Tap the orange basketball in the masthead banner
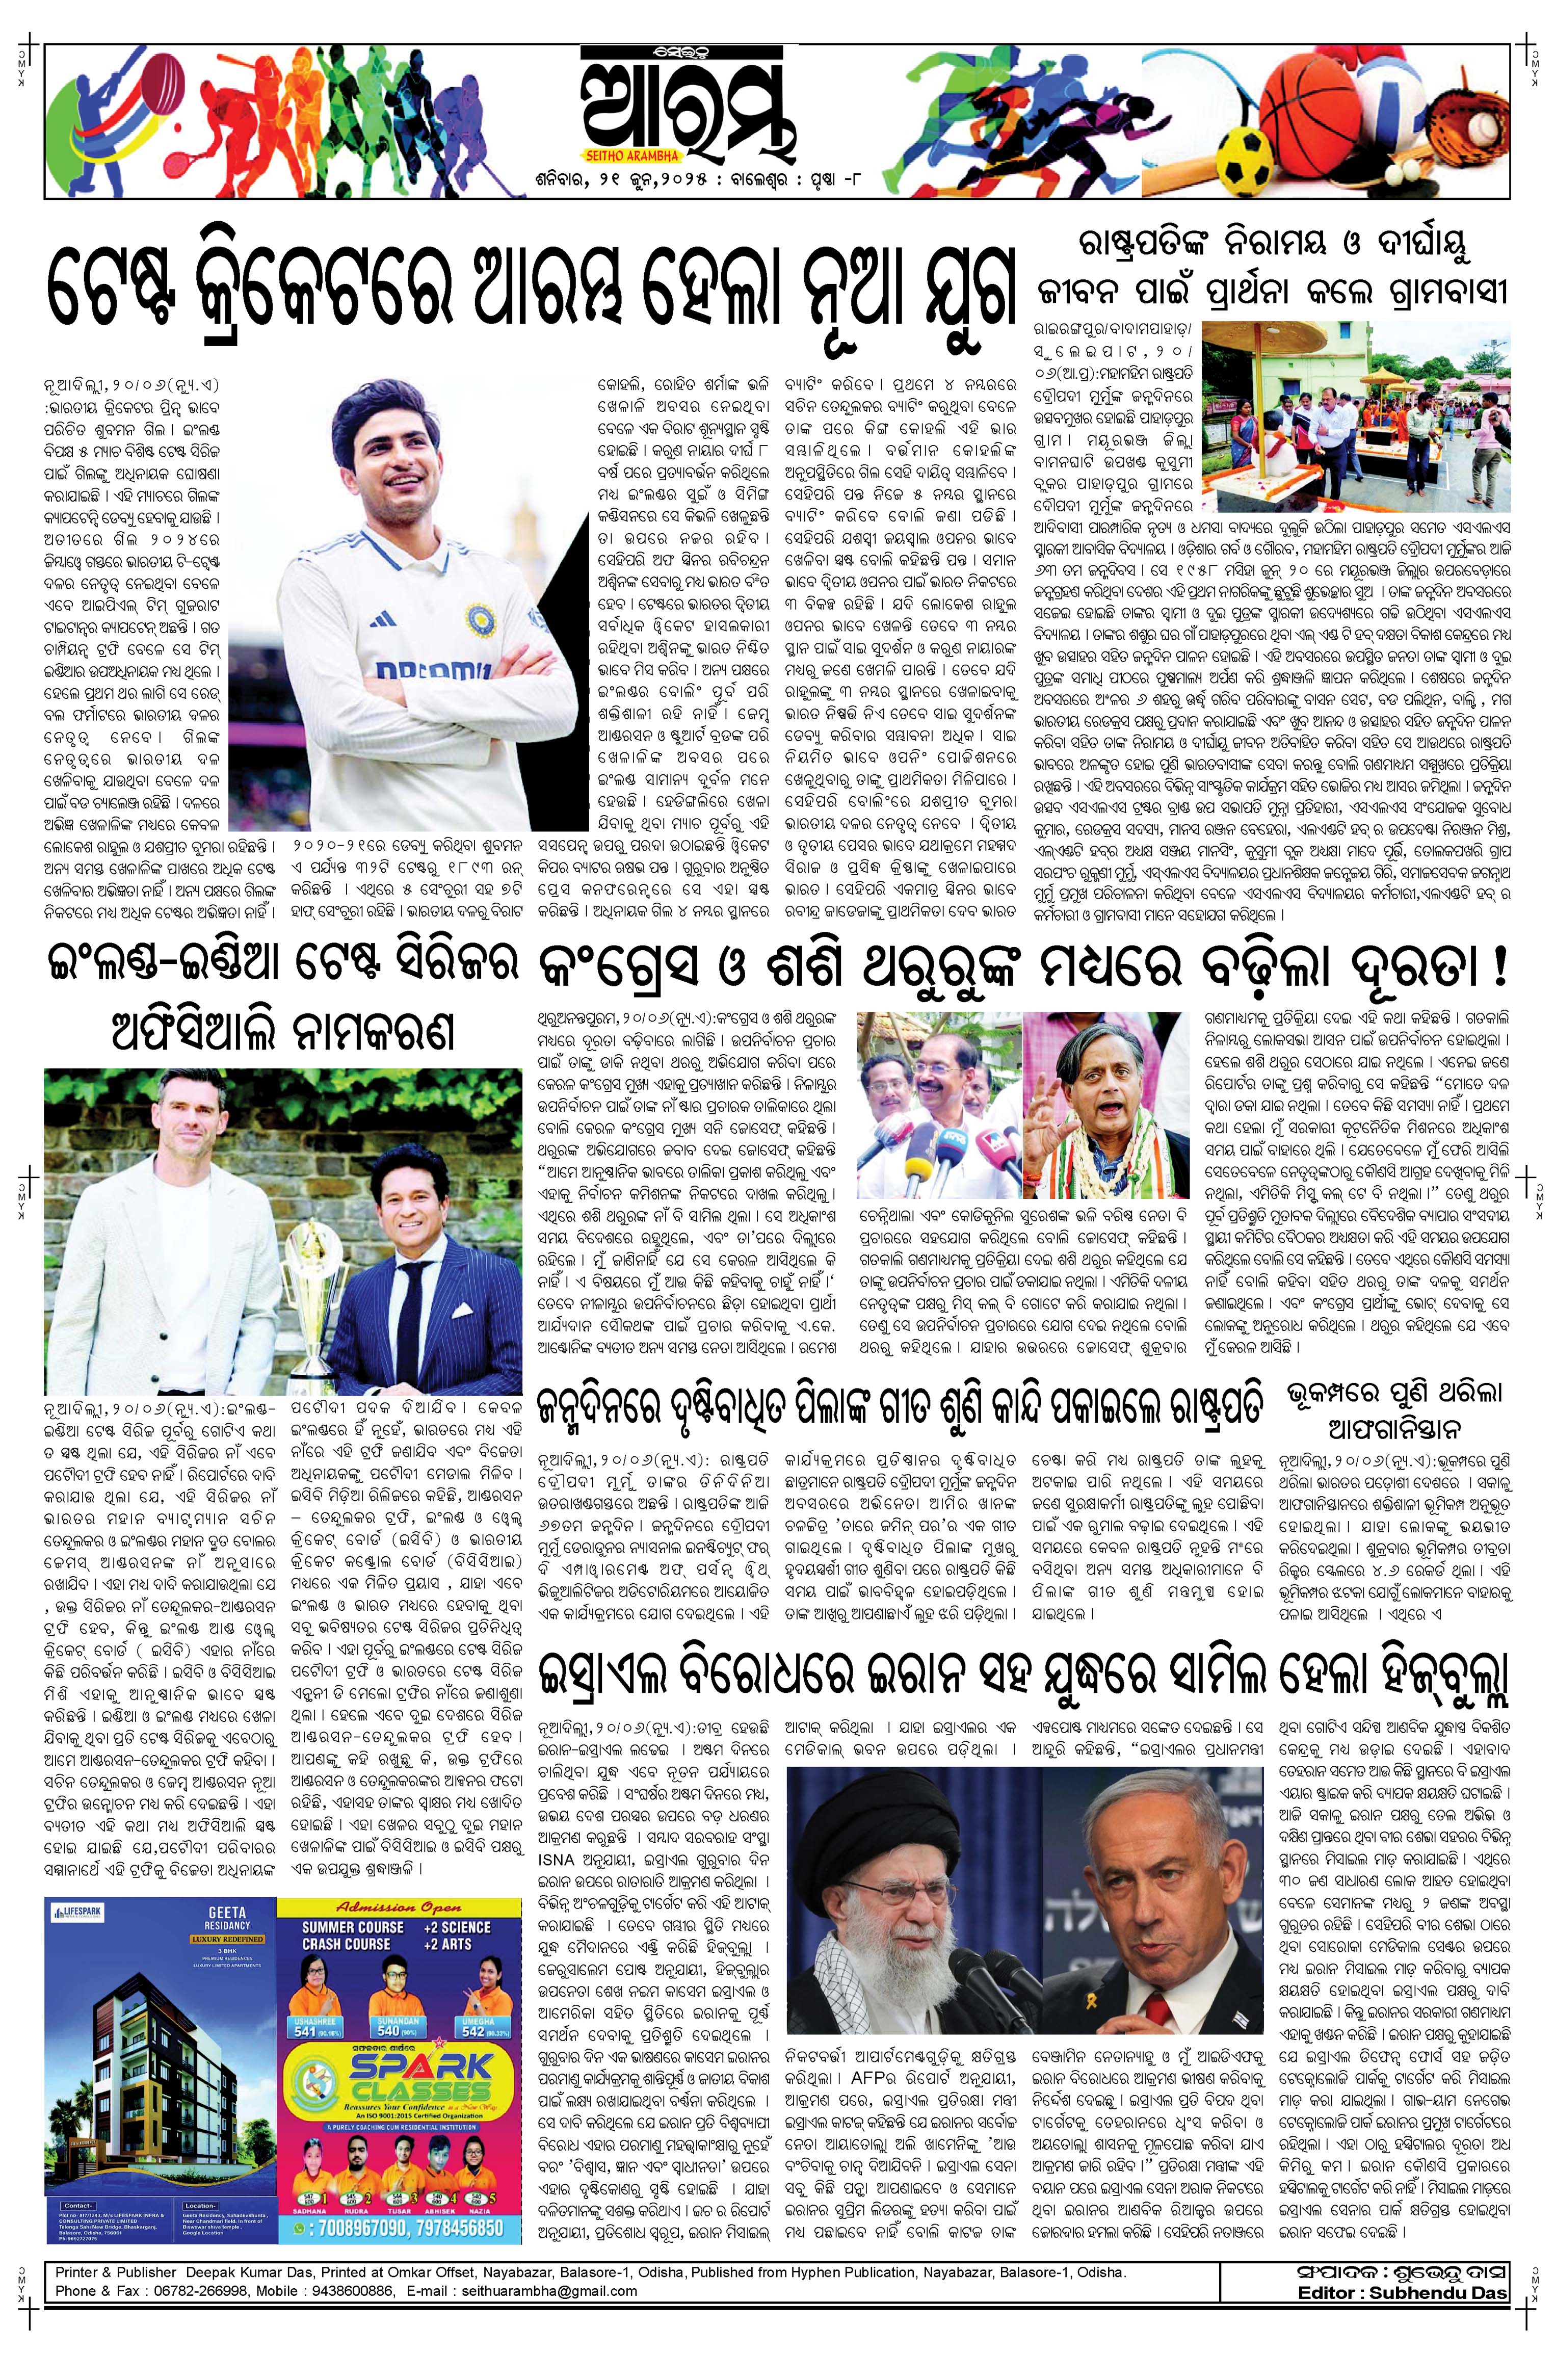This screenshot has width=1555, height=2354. (1328, 99)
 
